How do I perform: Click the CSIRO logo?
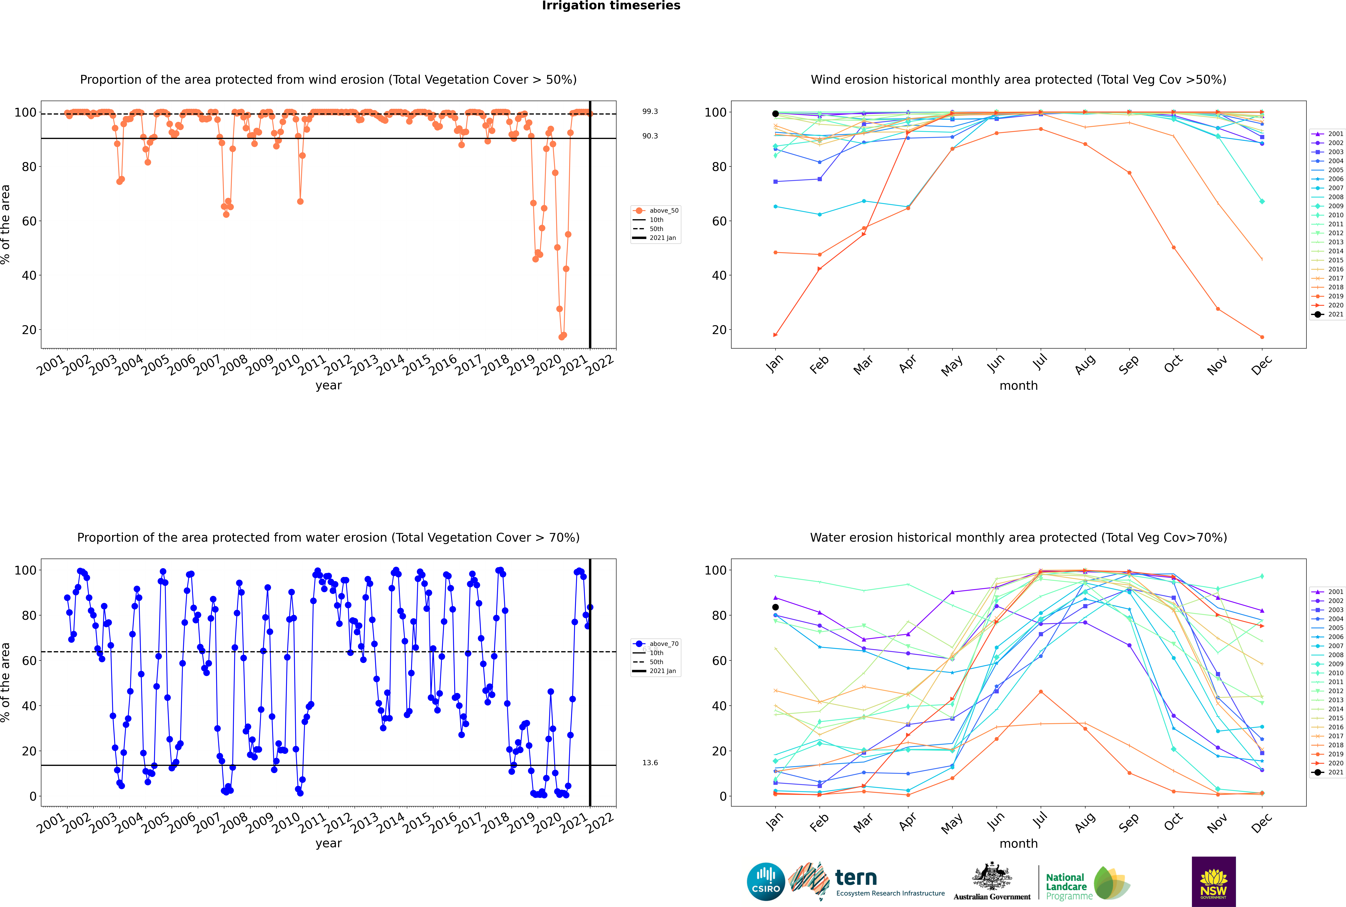[766, 882]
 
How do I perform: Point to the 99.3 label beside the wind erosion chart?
[650, 112]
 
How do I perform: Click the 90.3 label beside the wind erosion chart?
[650, 136]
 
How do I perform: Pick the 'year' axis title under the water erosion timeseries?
[329, 843]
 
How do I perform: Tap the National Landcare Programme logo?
[1087, 883]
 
